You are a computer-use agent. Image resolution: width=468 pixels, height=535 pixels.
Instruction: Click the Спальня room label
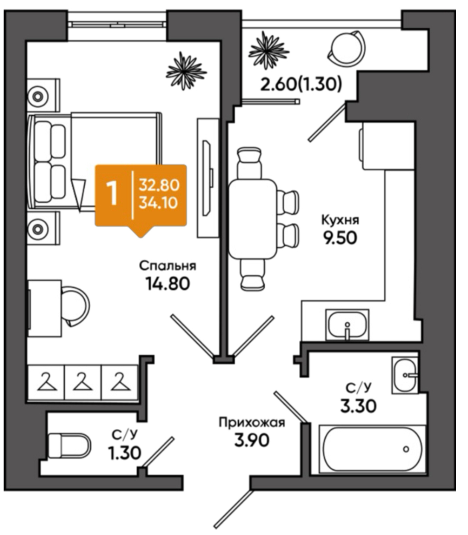click(x=168, y=266)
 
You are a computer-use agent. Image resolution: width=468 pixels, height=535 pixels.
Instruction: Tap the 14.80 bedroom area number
click(x=168, y=283)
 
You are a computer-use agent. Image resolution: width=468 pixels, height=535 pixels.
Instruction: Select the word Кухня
click(x=340, y=220)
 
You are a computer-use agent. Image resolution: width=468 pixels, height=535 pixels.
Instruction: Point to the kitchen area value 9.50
click(x=340, y=238)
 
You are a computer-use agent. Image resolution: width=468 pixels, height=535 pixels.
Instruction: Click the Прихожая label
click(x=252, y=423)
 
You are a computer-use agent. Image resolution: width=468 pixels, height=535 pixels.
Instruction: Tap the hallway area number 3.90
click(x=252, y=440)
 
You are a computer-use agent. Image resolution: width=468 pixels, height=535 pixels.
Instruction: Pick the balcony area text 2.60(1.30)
click(x=301, y=84)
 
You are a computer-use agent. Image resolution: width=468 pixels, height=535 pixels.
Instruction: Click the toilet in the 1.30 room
click(x=70, y=446)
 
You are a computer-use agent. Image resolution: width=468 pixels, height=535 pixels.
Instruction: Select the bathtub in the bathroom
click(x=372, y=449)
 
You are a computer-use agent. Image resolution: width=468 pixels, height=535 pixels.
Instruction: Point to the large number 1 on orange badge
click(x=112, y=193)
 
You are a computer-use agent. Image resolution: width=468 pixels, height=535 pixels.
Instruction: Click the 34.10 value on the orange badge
click(x=158, y=203)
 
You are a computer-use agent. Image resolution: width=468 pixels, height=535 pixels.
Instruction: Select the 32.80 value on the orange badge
click(x=159, y=185)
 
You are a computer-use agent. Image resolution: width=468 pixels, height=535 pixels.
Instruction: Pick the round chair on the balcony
click(x=346, y=47)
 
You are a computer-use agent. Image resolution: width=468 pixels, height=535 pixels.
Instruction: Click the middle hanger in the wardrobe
click(x=82, y=381)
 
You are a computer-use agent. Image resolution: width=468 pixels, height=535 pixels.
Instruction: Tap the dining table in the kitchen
click(x=252, y=219)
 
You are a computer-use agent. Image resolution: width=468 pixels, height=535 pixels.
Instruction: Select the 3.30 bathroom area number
click(x=359, y=406)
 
